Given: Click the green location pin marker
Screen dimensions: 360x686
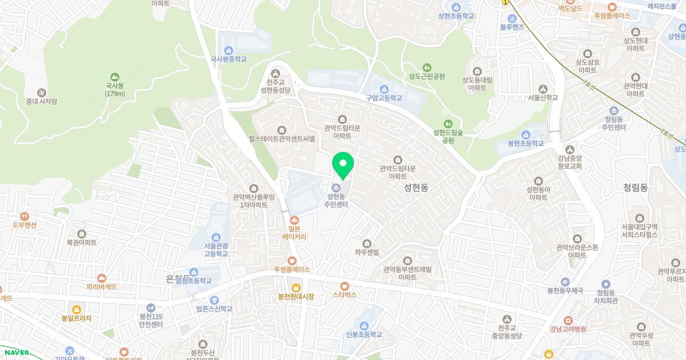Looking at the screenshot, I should [x=343, y=165].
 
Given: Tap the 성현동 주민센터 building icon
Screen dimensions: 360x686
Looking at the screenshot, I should [x=336, y=188].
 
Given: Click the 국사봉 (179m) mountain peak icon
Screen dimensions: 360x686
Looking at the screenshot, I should [x=115, y=77].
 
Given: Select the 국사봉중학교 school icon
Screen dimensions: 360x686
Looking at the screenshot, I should [x=229, y=50].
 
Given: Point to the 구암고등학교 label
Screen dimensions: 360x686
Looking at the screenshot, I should [x=384, y=98].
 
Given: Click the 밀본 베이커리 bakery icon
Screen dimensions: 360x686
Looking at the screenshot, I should [x=294, y=219].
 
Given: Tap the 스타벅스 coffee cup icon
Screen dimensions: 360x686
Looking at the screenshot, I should [x=344, y=286].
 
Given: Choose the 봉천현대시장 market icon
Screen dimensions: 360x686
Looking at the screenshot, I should [x=296, y=287].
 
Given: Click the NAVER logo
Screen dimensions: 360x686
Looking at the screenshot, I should [x=15, y=353].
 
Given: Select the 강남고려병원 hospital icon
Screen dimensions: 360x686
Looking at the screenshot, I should [x=568, y=320].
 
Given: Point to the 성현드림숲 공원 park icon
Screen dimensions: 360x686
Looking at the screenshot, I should [x=448, y=123].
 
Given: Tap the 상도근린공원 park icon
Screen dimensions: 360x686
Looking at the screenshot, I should [x=426, y=68].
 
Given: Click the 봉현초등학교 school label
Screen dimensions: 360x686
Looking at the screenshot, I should [x=526, y=143].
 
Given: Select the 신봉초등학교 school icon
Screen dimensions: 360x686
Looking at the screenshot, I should [x=364, y=326].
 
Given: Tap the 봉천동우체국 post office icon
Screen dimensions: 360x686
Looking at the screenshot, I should [x=565, y=282].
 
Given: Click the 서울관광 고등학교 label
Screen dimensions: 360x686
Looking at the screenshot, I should [x=216, y=250].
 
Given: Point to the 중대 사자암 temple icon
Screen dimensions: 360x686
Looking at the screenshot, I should [x=41, y=93].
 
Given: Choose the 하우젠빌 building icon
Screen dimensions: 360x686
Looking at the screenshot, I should [x=367, y=243].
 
